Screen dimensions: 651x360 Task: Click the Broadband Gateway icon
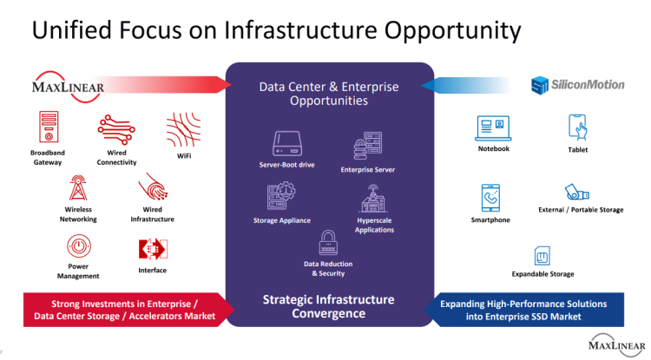pos(49,127)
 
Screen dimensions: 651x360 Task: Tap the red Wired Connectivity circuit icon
pos(116,130)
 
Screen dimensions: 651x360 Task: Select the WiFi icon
pos(183,130)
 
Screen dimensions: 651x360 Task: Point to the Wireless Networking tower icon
pos(78,189)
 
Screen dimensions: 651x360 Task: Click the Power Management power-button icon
pos(78,246)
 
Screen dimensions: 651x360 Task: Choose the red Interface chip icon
pos(153,249)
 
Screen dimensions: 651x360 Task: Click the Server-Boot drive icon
pos(287,143)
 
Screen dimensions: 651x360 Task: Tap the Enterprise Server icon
pos(368,146)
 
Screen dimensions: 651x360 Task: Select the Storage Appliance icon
pos(281,195)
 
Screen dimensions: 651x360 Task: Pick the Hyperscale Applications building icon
pos(373,199)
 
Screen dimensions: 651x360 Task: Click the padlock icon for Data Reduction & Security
pos(328,242)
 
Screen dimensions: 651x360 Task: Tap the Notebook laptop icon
pos(493,128)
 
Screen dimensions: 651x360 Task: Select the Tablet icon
pos(577,128)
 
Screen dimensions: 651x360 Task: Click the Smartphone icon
pos(490,199)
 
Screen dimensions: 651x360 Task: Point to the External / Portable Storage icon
pos(576,193)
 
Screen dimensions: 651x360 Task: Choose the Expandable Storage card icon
pos(542,256)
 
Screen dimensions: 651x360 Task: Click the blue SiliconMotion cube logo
pos(540,85)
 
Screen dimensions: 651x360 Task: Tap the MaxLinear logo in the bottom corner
pos(617,344)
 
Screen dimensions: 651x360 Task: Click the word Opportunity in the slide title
pos(452,30)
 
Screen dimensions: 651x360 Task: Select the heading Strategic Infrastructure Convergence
pos(328,306)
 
